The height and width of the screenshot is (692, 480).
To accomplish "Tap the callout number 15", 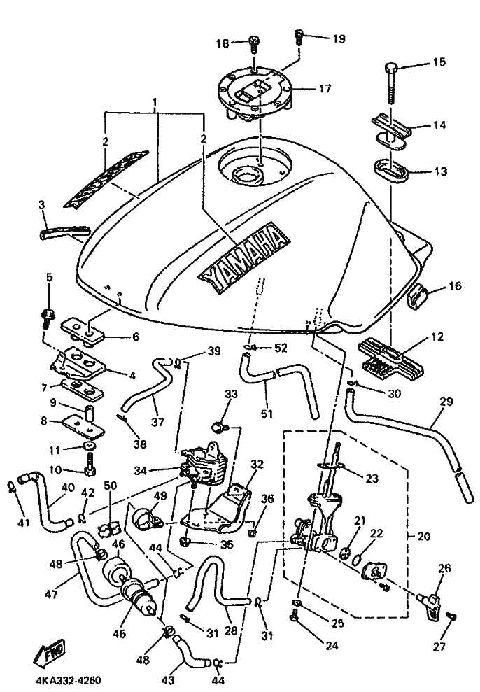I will [x=439, y=63].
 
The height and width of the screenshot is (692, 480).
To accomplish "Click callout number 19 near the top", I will [x=338, y=38].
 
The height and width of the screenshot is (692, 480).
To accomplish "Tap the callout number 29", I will [x=446, y=402].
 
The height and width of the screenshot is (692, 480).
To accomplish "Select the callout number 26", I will [x=445, y=568].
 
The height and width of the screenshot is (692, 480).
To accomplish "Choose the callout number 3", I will [x=43, y=204].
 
